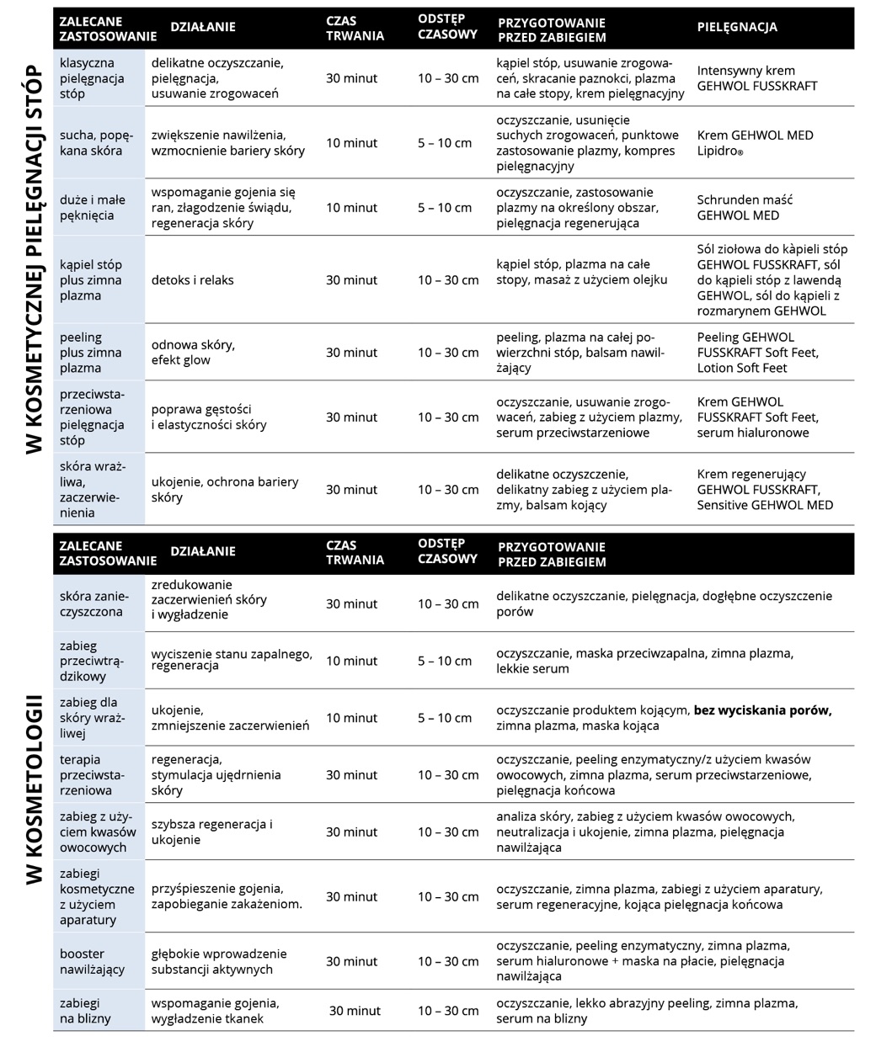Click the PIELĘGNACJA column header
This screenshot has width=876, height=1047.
coord(737,27)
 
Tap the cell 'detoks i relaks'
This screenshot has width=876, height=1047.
coord(193,280)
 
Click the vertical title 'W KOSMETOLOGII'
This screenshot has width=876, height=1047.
coord(34,789)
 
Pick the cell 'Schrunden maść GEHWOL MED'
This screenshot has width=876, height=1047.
coord(745,208)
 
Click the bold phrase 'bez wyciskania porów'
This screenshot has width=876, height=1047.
coord(762,710)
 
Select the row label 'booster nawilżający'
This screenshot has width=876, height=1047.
coord(92,962)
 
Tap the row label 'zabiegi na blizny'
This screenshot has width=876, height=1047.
coord(85,1011)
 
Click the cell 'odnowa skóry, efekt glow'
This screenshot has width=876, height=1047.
coord(193,353)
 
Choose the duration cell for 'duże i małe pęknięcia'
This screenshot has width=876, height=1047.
coord(352,208)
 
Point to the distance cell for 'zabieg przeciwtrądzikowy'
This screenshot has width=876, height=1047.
coord(445,662)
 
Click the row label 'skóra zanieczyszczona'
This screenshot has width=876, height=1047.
coord(91,604)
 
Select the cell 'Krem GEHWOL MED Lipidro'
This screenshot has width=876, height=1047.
coord(755,143)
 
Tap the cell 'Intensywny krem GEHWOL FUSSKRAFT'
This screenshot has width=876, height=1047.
coord(756,78)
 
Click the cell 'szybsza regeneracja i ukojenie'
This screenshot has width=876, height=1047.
coord(212,832)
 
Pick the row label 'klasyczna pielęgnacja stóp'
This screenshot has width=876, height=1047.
coord(92,78)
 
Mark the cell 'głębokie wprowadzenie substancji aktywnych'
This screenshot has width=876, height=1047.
coord(219,962)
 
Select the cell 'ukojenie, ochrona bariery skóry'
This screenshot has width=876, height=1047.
coord(225,490)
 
